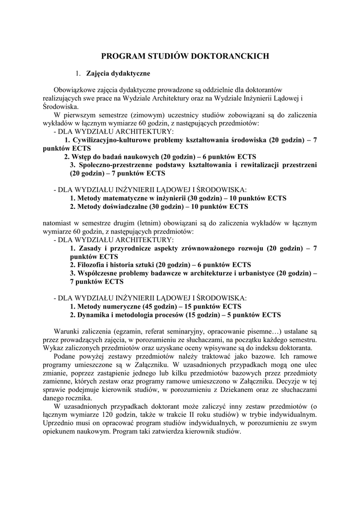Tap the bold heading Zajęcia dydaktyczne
tap(118, 73)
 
